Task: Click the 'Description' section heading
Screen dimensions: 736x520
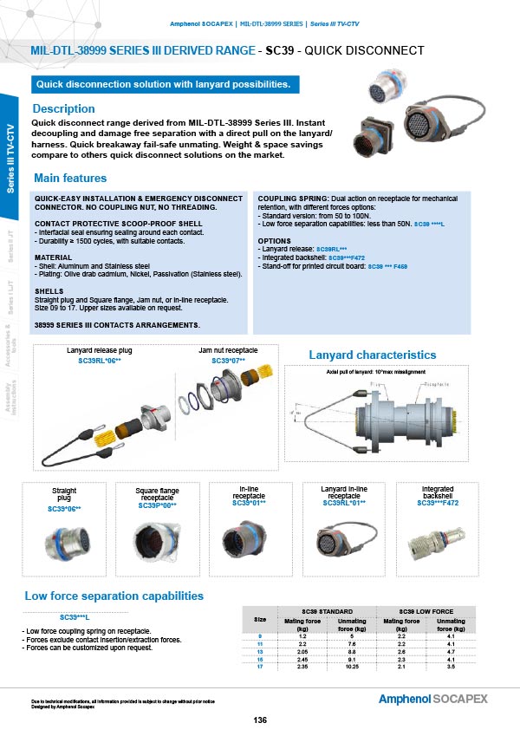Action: coord(63,109)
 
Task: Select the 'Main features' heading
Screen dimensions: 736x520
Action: coord(69,179)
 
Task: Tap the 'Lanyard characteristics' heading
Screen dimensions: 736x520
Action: coord(372,355)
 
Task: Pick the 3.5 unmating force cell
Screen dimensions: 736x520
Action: coord(450,665)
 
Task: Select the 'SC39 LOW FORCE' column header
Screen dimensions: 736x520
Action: coord(426,612)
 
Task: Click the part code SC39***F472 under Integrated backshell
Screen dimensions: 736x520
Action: coord(437,503)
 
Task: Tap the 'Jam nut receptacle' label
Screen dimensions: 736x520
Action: coord(228,349)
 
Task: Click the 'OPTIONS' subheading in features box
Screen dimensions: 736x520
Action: coord(274,239)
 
